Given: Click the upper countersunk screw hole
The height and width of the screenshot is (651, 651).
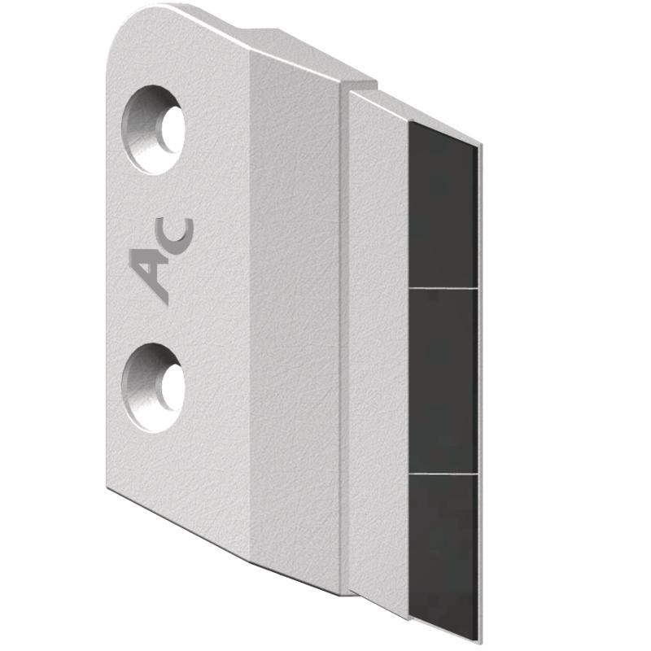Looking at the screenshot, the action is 153,130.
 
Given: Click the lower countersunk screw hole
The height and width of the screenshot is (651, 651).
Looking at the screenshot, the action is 153,388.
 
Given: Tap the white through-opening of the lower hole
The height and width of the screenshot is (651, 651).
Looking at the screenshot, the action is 173,388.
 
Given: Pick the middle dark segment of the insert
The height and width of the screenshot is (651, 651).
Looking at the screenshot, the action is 443,380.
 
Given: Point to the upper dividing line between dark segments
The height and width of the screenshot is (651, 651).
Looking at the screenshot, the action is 443,287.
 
